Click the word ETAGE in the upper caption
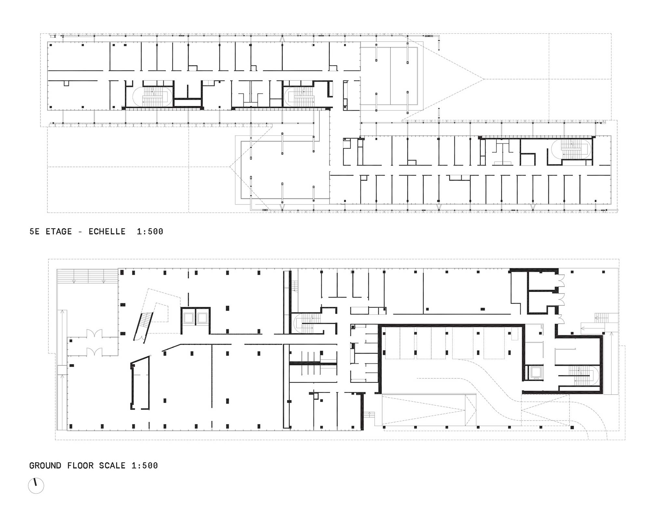click(59, 232)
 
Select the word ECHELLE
click(107, 232)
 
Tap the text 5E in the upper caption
click(34, 232)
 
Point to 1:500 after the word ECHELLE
click(150, 232)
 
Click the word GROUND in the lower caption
click(45, 466)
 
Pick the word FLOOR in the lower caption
click(80, 466)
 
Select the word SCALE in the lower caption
click(112, 466)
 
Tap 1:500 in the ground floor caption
click(145, 466)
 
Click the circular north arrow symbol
click(36, 486)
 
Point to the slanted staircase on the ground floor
click(143, 326)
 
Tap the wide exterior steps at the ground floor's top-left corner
click(87, 276)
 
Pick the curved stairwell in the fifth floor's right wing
click(572, 149)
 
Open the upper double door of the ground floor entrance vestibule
click(94, 334)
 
